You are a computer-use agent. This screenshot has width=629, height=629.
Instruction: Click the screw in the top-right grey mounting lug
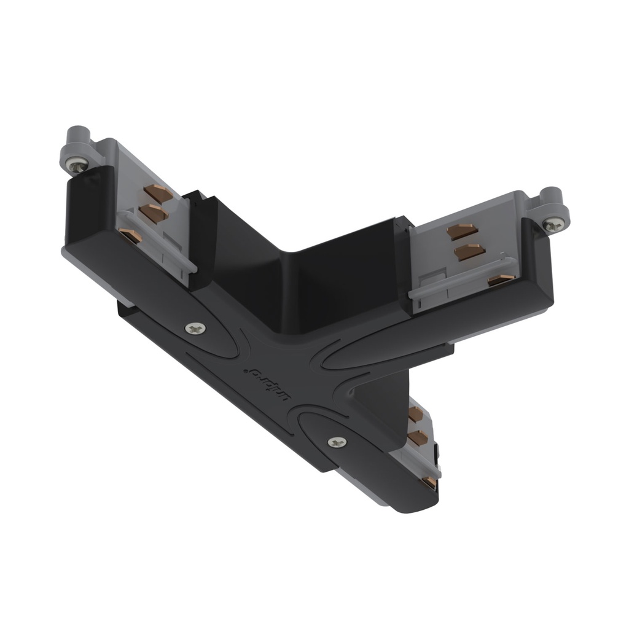554,225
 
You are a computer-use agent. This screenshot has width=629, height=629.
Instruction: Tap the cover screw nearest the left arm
196,329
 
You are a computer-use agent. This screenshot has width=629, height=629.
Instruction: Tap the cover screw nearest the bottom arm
336,442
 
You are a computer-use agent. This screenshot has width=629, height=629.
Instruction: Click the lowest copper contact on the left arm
130,235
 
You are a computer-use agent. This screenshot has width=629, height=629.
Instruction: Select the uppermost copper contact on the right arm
463,231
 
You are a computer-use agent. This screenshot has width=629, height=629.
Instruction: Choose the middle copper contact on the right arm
469,251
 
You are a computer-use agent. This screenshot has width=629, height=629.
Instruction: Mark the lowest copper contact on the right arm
501,280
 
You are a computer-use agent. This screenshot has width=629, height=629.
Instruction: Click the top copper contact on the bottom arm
415,415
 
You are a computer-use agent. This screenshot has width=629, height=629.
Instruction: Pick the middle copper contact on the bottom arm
417,437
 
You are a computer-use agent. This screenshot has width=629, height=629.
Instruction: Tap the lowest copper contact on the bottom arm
431,482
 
